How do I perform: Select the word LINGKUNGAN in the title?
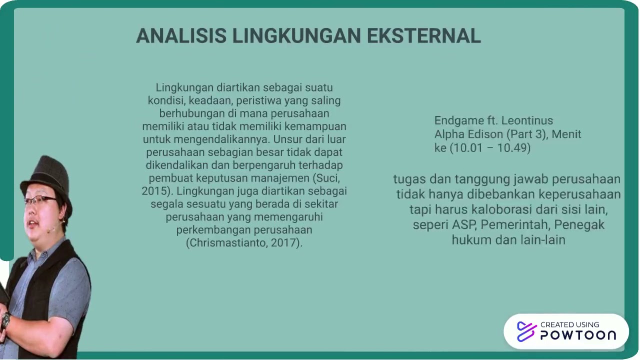point(296,36)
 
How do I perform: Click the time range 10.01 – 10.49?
point(490,148)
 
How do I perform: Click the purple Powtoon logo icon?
point(526,331)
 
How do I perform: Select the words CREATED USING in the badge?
point(569,324)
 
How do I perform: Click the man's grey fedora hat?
point(46,175)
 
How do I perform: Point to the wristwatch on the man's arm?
point(5,320)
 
